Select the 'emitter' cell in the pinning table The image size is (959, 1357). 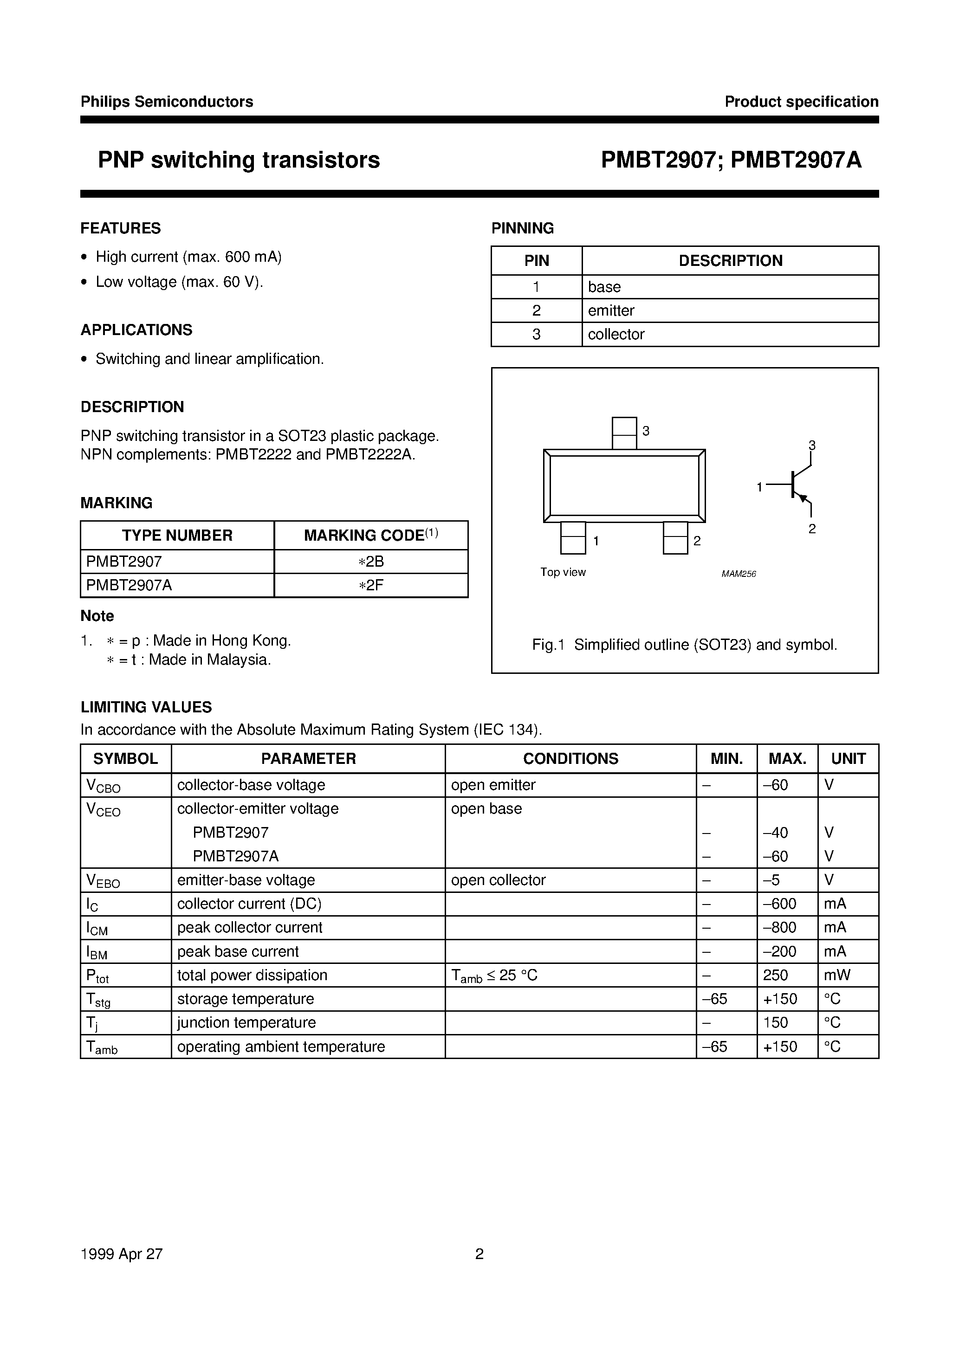tap(611, 310)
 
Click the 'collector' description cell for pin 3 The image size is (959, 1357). tap(616, 334)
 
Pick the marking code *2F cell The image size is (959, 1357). tap(371, 585)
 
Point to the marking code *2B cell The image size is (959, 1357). tap(371, 561)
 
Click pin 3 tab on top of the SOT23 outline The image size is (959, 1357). tap(624, 433)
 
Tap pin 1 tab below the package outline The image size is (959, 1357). tap(572, 538)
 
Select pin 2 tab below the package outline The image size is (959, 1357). tap(675, 538)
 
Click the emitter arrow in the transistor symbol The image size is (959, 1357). tap(803, 499)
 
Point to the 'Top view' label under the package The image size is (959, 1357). tap(563, 572)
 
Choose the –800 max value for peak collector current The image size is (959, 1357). tap(780, 927)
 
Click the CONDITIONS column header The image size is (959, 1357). tap(570, 758)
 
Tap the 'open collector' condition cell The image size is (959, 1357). tap(498, 880)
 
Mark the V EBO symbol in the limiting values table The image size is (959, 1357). tap(103, 881)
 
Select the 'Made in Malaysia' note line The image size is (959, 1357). tap(189, 659)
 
